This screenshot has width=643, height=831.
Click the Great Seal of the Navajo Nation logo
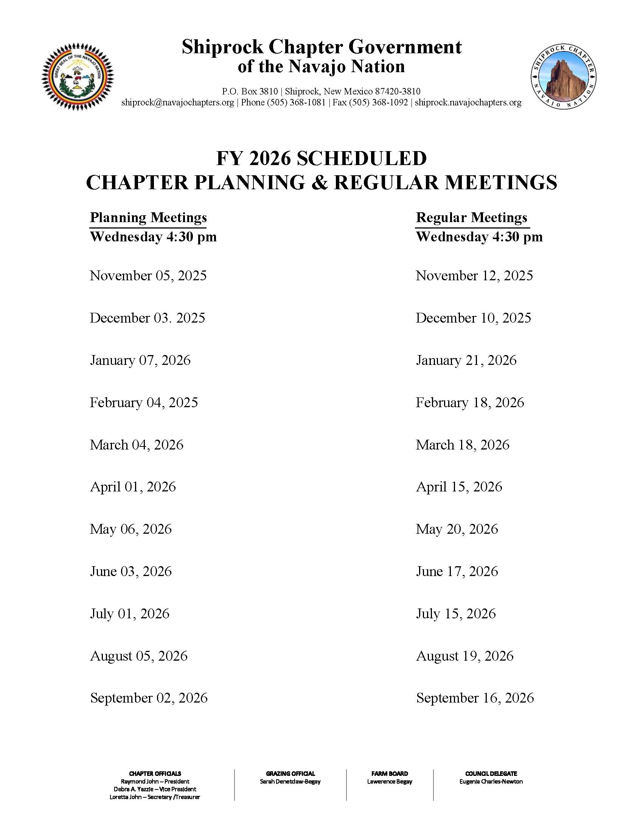coord(78,77)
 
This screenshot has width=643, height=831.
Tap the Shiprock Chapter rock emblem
coord(564,77)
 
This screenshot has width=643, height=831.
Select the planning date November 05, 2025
coord(148,276)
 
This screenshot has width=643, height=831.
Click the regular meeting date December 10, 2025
coord(473,318)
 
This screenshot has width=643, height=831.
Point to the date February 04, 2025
coord(144,403)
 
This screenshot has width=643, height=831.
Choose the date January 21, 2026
coord(466,360)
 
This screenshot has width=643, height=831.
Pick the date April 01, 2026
coord(133,487)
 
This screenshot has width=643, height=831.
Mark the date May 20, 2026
coord(457,529)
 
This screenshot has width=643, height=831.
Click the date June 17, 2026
coord(457,572)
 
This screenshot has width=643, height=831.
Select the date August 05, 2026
coord(139,656)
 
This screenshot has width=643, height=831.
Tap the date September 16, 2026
coord(475,698)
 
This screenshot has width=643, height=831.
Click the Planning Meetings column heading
coord(148,218)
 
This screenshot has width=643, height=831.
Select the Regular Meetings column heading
coord(471,218)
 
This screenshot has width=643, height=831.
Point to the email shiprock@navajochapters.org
coord(177,103)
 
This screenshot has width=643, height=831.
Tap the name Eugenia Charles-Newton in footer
coord(491,782)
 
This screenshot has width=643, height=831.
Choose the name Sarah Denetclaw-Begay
coord(290,782)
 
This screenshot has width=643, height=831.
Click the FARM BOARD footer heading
coord(390,774)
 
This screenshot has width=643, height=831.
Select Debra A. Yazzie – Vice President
coord(155,789)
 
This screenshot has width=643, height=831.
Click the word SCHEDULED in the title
coord(362,159)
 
